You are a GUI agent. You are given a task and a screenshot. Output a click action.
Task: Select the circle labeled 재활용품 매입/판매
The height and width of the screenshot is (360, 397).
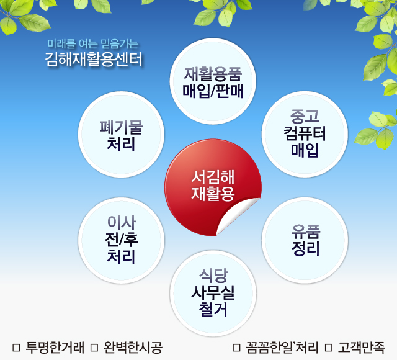tap(213, 81)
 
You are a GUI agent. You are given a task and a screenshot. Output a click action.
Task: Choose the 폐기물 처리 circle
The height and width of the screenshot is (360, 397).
tap(121, 134)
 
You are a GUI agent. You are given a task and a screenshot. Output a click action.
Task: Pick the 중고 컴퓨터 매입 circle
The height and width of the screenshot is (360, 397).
tap(305, 134)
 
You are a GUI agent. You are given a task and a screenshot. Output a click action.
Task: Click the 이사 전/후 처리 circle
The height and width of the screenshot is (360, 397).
tap(121, 240)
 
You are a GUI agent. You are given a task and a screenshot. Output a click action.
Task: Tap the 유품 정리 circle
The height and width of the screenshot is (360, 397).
tap(305, 240)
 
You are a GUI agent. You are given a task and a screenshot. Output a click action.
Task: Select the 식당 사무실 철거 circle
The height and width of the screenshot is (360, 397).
tap(213, 294)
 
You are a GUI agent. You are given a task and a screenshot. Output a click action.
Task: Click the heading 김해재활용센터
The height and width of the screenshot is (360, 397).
tap(94, 60)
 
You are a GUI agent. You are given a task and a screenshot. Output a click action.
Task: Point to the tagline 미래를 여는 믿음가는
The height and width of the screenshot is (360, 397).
tap(93, 44)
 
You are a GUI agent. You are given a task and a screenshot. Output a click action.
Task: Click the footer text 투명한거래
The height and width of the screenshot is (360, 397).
tap(55, 348)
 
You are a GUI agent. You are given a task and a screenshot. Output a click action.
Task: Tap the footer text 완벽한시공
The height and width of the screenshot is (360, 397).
tap(133, 348)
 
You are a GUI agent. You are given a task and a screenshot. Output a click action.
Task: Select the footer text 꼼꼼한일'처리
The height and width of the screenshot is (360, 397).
tap(282, 348)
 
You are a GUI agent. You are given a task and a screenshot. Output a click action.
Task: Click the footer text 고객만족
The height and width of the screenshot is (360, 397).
tap(362, 348)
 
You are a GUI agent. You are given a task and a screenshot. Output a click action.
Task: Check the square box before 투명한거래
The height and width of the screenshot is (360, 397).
tap(16, 348)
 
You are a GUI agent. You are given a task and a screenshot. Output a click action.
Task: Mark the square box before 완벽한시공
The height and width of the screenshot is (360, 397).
tap(94, 348)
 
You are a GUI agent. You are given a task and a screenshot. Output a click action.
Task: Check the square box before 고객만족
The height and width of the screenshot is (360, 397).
tap(329, 348)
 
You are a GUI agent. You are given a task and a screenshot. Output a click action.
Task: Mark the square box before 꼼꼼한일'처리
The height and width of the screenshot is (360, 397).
tap(236, 348)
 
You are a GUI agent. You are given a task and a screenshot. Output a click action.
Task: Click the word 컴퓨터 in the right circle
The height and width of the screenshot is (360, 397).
tap(305, 133)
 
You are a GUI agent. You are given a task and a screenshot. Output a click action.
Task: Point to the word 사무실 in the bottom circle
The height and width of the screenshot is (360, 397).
tap(213, 292)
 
